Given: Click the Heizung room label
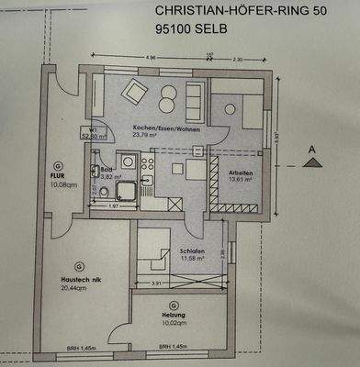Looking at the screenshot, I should click(149, 314).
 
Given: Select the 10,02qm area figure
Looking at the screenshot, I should click(149, 322).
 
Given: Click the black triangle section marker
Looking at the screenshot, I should click(313, 162).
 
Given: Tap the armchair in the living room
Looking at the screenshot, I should click(136, 90).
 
